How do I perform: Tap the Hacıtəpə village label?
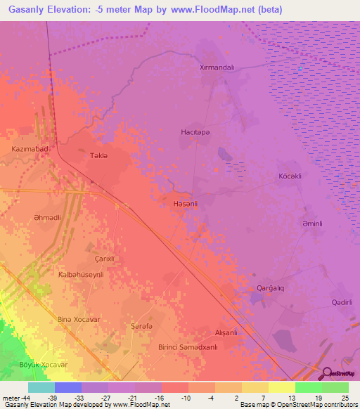(x=194, y=131)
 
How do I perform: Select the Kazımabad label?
(x=30, y=150)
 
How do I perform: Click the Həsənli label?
(x=185, y=204)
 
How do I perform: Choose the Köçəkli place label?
(x=290, y=176)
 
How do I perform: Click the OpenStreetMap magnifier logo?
(x=326, y=372)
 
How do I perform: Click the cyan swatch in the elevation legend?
(x=41, y=387)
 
